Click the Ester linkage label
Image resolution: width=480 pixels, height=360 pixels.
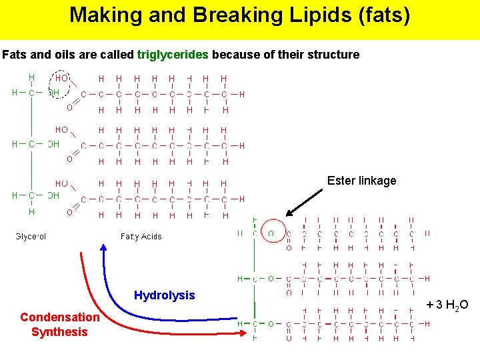[x=361, y=181]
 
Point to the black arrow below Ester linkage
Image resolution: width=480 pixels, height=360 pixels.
[x=305, y=203]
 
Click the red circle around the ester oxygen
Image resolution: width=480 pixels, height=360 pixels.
[x=270, y=233]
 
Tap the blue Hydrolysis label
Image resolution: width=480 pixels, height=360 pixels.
[x=164, y=295]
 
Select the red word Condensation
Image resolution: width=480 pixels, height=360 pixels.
[x=59, y=317]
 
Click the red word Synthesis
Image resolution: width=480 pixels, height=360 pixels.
[x=59, y=332]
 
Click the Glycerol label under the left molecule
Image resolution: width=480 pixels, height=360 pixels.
[x=31, y=236]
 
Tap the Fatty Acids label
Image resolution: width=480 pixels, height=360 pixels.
[x=141, y=236]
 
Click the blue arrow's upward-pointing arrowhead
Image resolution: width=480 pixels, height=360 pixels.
[x=104, y=248]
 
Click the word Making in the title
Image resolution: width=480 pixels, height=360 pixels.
[x=101, y=15]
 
